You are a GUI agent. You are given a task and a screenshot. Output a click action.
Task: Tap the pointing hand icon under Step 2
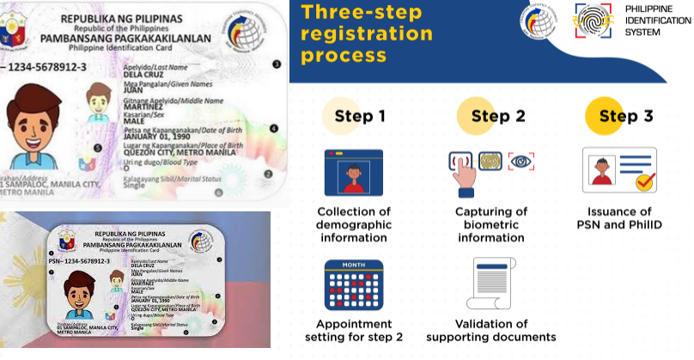464,171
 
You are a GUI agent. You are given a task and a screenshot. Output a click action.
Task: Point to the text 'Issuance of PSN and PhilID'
621,218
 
